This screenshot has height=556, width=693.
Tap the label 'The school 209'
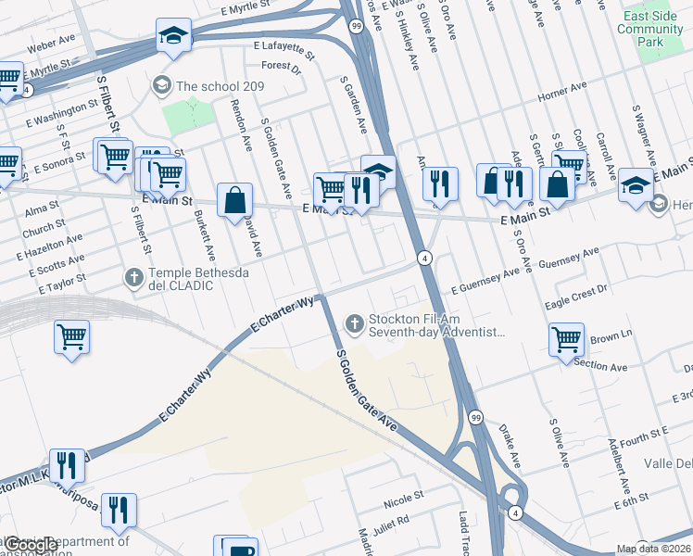pyautogui.click(x=223, y=86)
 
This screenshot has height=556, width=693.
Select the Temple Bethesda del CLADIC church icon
pyautogui.click(x=133, y=276)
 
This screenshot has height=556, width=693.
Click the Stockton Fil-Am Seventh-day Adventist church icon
pyautogui.click(x=353, y=322)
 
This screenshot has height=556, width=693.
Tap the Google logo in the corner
pyautogui.click(x=30, y=546)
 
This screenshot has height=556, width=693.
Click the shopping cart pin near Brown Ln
pyautogui.click(x=566, y=339)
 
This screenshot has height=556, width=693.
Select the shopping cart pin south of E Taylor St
pyautogui.click(x=71, y=338)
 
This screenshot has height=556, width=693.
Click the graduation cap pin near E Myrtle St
pyautogui.click(x=173, y=35)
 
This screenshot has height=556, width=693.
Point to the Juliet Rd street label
pyautogui.click(x=389, y=524)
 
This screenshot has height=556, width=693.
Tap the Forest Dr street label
pyautogui.click(x=281, y=67)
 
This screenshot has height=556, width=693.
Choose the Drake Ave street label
pyautogui.click(x=510, y=446)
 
